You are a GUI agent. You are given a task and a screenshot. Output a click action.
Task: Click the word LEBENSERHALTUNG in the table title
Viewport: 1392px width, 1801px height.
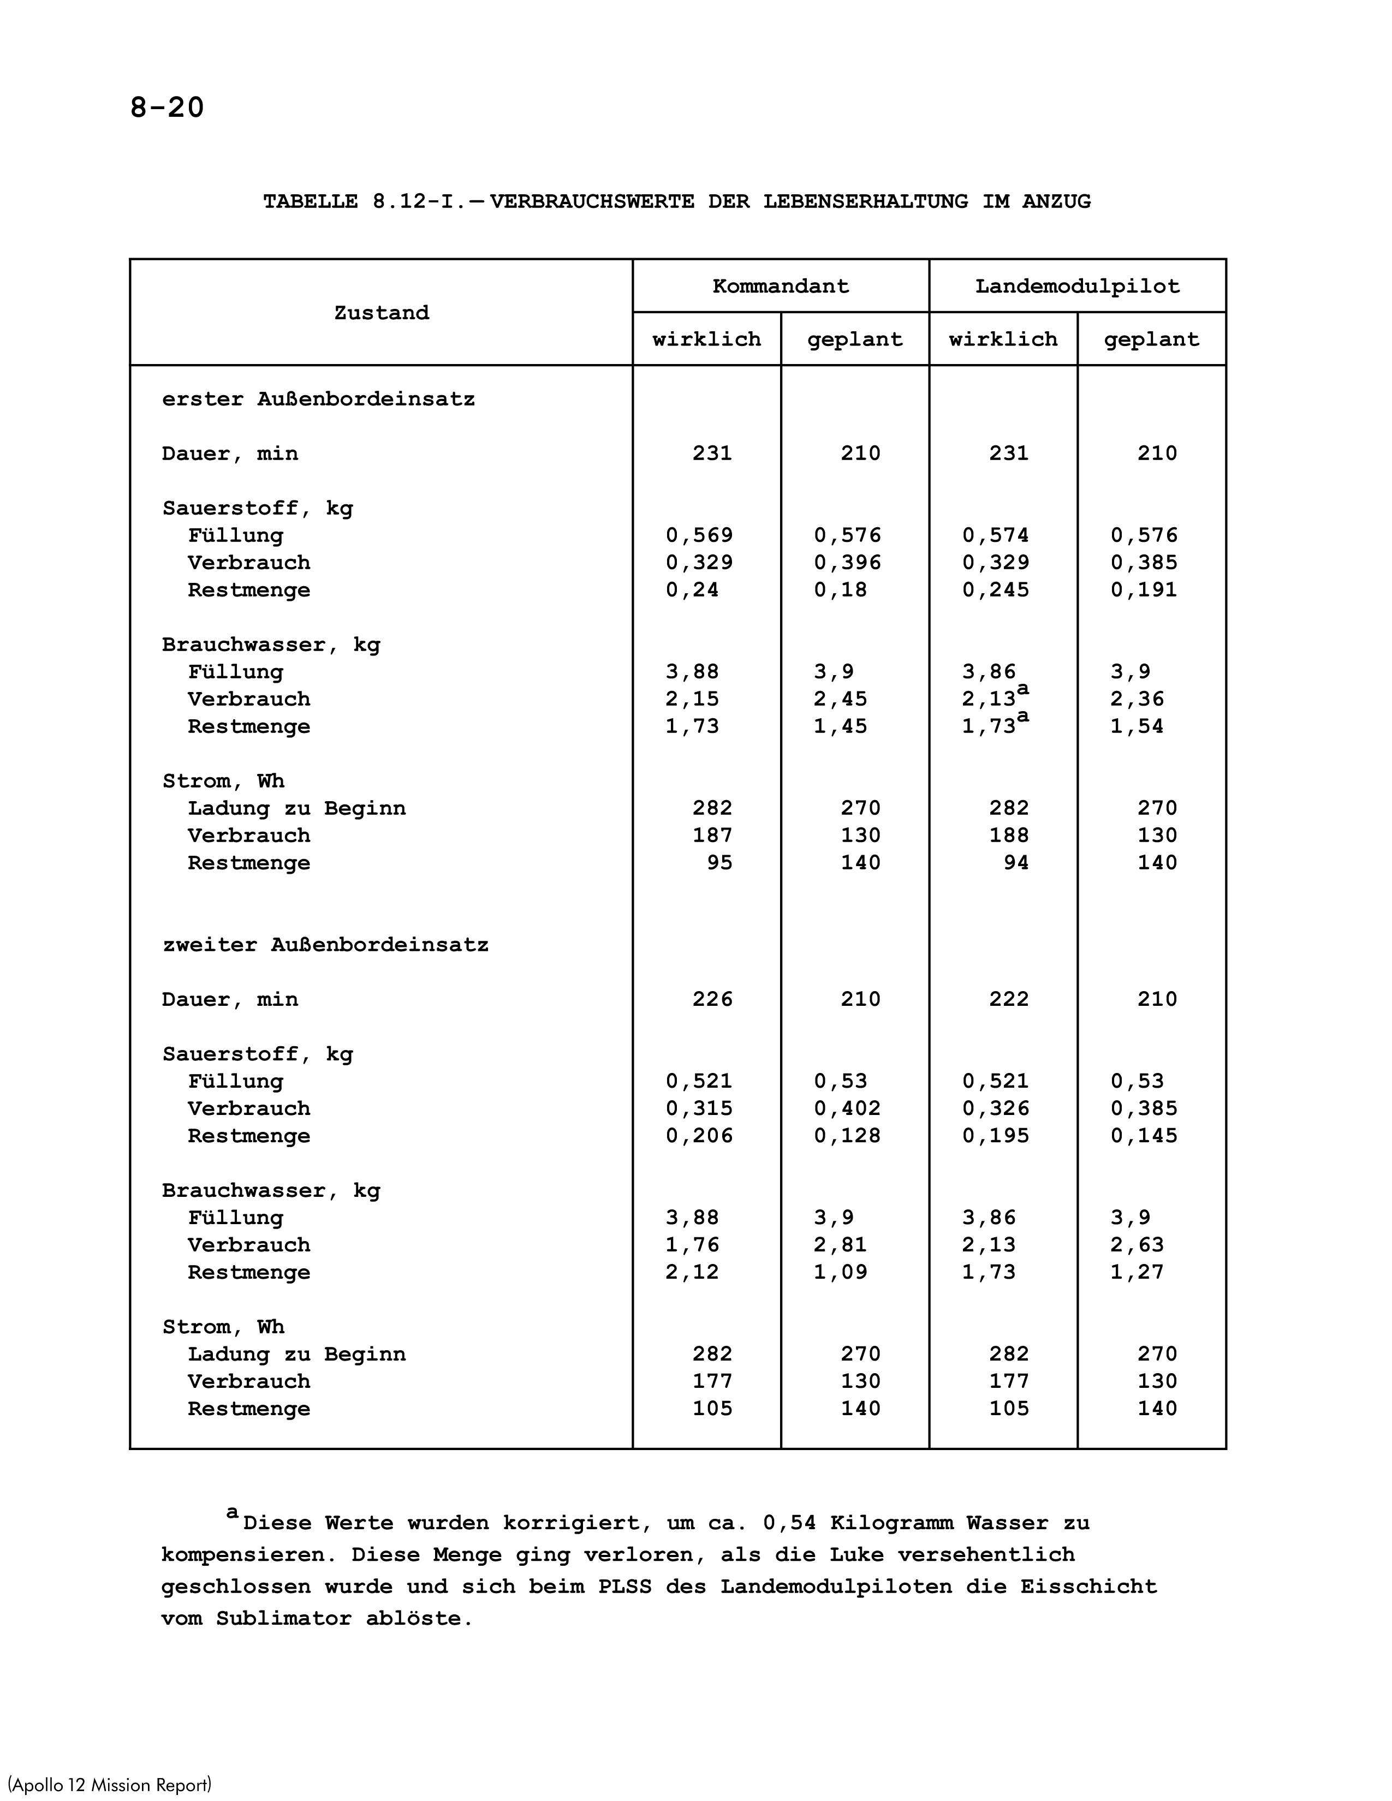click(x=865, y=202)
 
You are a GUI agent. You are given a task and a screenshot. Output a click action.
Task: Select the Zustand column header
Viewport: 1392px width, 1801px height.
click(x=381, y=313)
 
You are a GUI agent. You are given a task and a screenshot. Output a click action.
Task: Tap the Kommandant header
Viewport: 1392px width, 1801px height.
click(x=780, y=287)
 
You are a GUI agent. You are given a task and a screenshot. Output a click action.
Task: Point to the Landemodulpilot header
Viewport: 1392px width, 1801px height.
click(x=1077, y=287)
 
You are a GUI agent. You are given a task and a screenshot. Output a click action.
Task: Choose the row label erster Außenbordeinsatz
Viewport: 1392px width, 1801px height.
click(x=318, y=400)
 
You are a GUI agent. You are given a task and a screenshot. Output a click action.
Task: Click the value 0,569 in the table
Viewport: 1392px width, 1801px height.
click(x=699, y=536)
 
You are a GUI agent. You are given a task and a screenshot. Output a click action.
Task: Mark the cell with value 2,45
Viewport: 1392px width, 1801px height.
click(x=840, y=699)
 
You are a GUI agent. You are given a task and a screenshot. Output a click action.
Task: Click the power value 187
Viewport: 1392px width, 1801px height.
click(x=712, y=836)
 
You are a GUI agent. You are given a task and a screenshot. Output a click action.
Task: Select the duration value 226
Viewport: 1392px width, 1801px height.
click(x=712, y=999)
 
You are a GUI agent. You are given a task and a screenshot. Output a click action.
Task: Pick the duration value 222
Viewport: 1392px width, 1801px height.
click(x=1009, y=999)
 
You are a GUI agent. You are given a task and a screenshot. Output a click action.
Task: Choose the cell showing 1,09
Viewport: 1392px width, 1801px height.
click(x=840, y=1272)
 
